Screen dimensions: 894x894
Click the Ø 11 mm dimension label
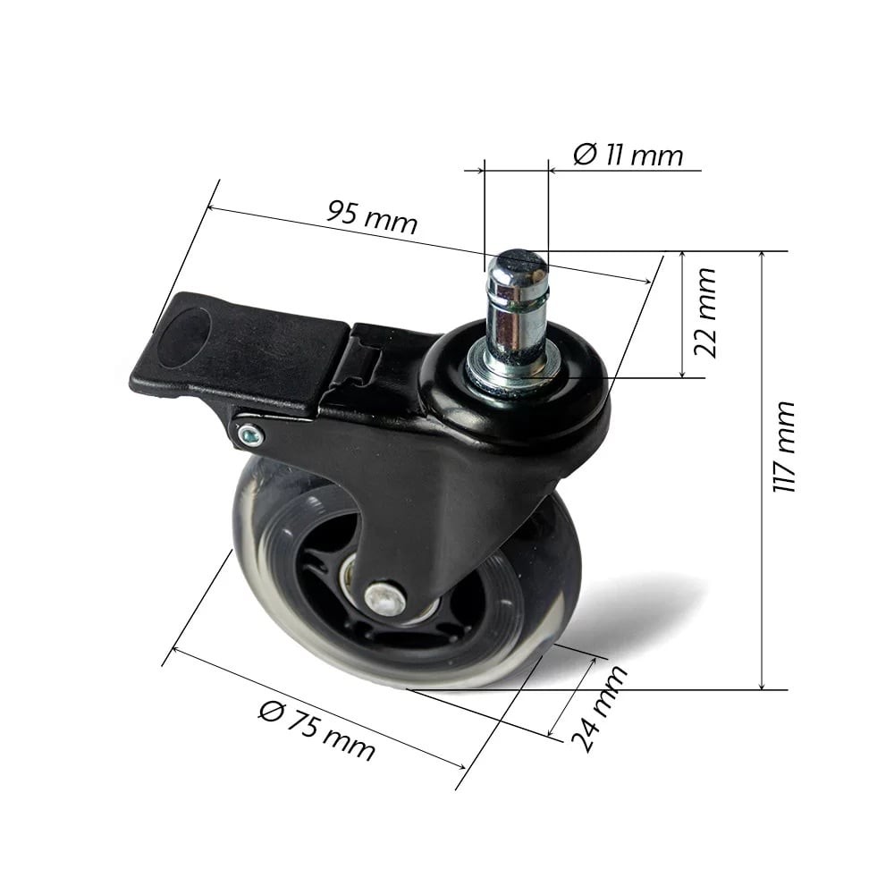coord(628,155)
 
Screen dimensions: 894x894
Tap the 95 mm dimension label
coord(372,216)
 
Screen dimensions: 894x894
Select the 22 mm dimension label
coord(705,312)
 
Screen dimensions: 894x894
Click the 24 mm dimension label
coord(599,708)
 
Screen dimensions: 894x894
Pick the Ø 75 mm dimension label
coord(317,731)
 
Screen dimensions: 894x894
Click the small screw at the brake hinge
coord(250,437)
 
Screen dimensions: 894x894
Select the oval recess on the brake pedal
coord(183,338)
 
